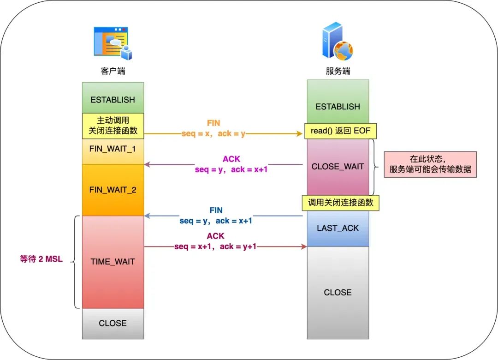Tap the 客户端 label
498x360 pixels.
pos(113,71)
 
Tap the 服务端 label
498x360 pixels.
pos(338,71)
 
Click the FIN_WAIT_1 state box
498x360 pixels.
pos(113,150)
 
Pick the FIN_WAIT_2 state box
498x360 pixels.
pos(113,190)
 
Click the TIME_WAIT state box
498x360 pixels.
pos(113,262)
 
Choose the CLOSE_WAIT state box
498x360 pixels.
pos(338,167)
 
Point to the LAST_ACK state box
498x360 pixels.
pos(338,228)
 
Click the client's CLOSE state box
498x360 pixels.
pos(113,323)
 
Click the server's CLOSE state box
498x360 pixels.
pos(338,292)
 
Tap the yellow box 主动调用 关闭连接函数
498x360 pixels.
pos(113,125)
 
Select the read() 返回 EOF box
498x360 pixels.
pos(341,131)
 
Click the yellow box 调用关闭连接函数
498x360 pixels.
pos(341,203)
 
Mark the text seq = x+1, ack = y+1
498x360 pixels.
pos(215,246)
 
